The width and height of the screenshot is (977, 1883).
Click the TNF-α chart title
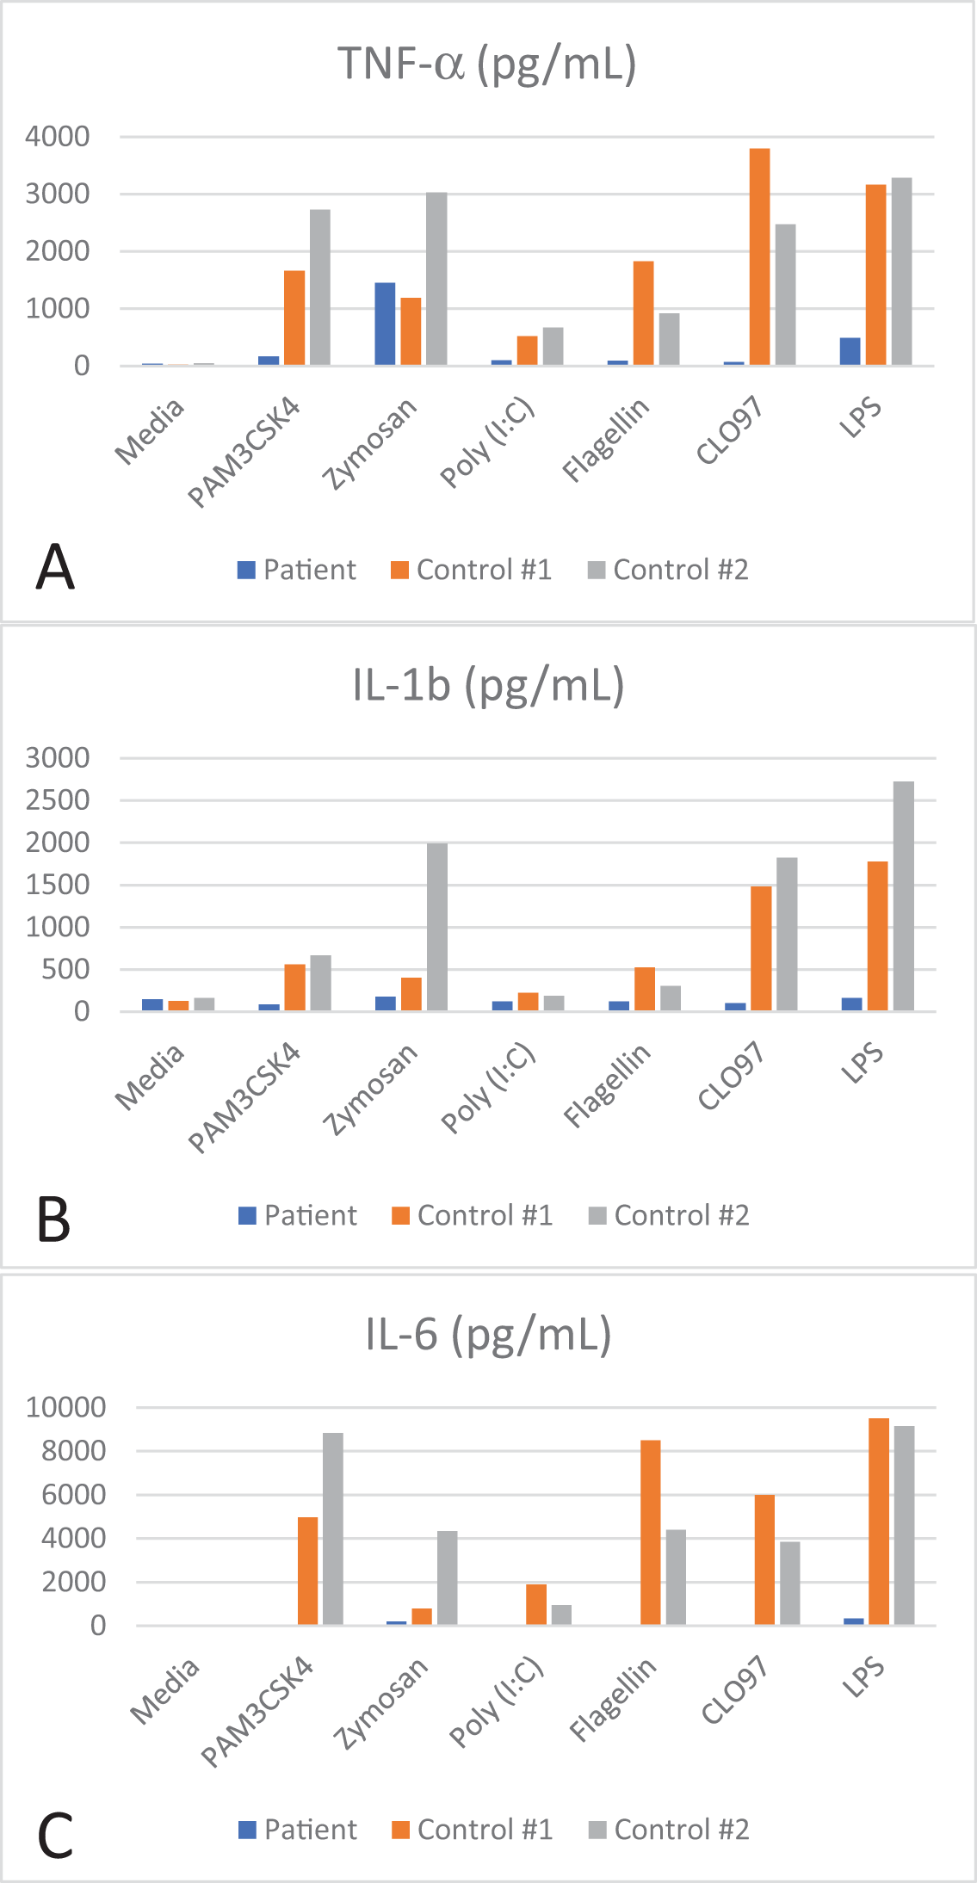pyautogui.click(x=487, y=65)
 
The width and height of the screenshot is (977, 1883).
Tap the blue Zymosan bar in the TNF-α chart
pyautogui.click(x=385, y=324)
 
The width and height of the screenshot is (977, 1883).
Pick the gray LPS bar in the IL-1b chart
pyautogui.click(x=904, y=896)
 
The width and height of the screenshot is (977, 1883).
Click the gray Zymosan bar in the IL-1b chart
pyautogui.click(x=437, y=927)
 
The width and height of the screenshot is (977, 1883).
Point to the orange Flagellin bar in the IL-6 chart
pyautogui.click(x=651, y=1533)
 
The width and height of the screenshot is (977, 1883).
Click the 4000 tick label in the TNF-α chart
pyautogui.click(x=58, y=136)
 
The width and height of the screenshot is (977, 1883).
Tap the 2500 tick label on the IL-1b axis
pyautogui.click(x=58, y=800)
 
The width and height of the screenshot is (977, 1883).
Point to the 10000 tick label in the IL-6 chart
pyautogui.click(x=65, y=1408)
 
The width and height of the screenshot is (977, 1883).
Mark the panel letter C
pyautogui.click(x=55, y=1836)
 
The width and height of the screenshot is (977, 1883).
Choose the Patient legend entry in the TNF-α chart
pyautogui.click(x=297, y=570)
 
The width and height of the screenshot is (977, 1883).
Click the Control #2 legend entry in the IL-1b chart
pyautogui.click(x=670, y=1215)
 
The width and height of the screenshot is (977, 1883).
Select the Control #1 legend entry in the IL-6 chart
pyautogui.click(x=473, y=1829)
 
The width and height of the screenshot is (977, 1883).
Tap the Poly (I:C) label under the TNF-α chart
pyautogui.click(x=488, y=442)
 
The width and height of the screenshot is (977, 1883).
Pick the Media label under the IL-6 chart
pyautogui.click(x=164, y=1691)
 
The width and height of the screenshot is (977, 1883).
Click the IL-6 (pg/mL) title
pyautogui.click(x=488, y=1335)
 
